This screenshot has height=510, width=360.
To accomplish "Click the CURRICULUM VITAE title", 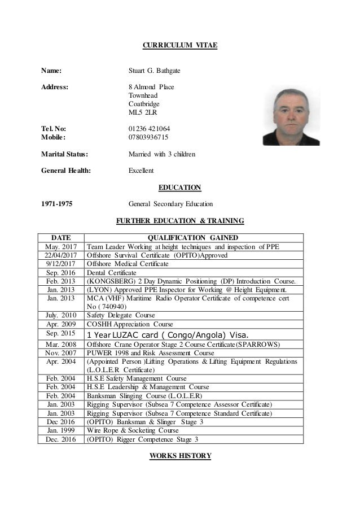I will pyautogui.click(x=179, y=45).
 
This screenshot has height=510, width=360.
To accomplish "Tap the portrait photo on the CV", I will pyautogui.click(x=292, y=117).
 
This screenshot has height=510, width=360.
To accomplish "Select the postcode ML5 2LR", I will pyautogui.click(x=142, y=112).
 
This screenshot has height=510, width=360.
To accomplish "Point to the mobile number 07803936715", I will pyautogui.click(x=148, y=137).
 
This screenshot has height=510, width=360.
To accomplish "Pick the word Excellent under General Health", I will pyautogui.click(x=141, y=170).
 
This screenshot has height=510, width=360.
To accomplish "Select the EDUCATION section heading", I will pyautogui.click(x=179, y=187).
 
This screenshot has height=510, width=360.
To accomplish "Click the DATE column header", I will pyautogui.click(x=60, y=238).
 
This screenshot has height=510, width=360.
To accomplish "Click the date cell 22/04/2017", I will pyautogui.click(x=60, y=255).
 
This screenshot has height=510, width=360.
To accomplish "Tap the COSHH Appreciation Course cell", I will pyautogui.click(x=129, y=325).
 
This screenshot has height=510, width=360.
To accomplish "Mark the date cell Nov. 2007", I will pyautogui.click(x=60, y=352).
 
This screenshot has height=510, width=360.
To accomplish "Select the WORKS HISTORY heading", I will pyautogui.click(x=179, y=455).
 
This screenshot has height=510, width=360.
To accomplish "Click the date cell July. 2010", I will pyautogui.click(x=60, y=316).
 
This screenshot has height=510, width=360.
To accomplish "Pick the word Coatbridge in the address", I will pyautogui.click(x=144, y=104).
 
